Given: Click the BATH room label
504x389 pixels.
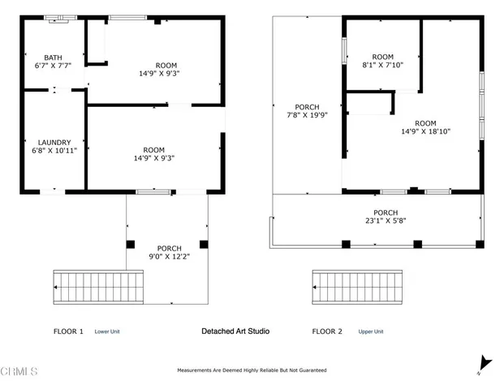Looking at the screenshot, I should [53, 58].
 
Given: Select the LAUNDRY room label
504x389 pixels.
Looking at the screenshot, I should [54, 142].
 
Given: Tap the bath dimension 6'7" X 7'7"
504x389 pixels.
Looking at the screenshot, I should [53, 66].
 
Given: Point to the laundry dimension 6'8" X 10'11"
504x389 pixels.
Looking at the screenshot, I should [54, 151].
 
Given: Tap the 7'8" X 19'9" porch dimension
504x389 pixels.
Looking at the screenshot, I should [308, 116].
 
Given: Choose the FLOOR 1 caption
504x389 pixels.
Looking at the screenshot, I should [68, 331].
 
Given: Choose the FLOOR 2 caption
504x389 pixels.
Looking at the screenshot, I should [328, 331].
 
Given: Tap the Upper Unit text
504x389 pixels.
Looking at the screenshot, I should [371, 331].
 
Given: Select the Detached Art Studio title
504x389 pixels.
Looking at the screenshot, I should [235, 331].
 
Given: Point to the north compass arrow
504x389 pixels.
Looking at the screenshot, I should [485, 365].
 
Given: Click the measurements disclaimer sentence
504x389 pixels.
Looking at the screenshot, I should [252, 370].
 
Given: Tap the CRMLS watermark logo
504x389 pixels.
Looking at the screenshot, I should [19, 372].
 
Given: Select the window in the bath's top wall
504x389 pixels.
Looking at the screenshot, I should [56, 17].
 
